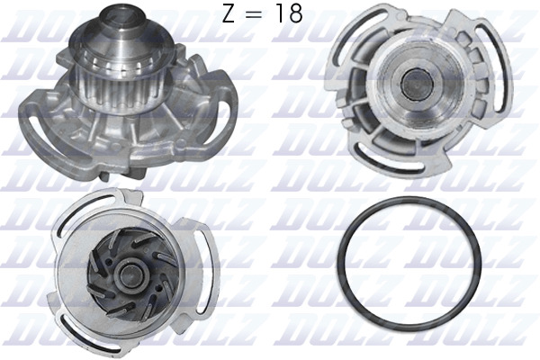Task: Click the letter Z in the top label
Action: (x=229, y=13)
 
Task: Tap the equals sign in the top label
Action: (x=256, y=14)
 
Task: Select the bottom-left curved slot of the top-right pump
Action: (x=385, y=161)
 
